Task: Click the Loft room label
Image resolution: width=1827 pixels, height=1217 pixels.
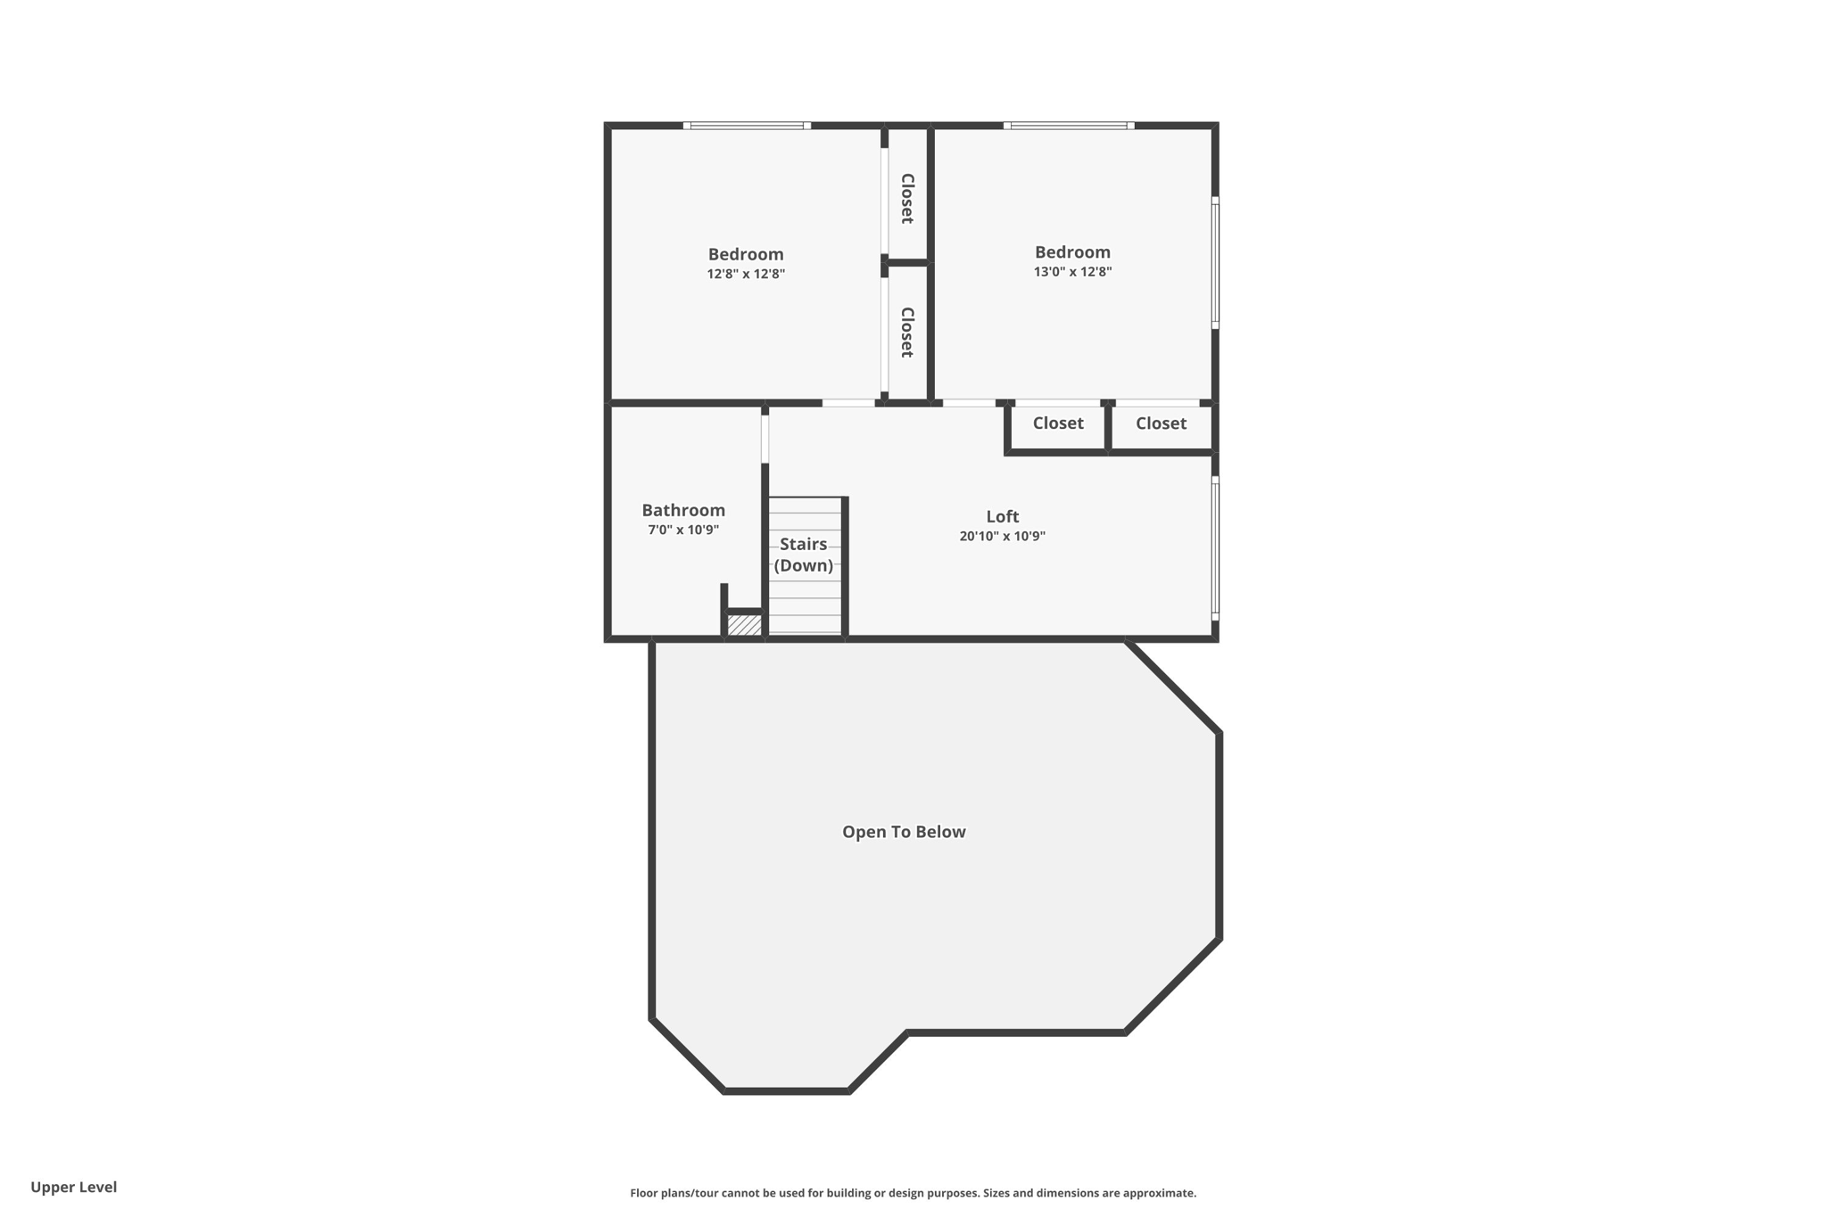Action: pos(1002,516)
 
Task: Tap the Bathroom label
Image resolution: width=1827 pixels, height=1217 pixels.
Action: pos(683,510)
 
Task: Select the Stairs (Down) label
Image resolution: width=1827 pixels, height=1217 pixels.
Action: pos(804,555)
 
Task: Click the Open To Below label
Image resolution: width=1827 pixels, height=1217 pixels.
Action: pos(904,832)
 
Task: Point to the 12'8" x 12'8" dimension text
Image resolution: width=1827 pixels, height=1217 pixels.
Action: pos(746,274)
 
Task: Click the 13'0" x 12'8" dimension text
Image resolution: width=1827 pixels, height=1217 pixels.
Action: pos(1072,272)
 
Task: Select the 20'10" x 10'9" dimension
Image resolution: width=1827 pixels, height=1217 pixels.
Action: pos(1002,536)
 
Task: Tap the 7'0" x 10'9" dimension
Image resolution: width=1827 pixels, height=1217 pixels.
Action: pos(683,530)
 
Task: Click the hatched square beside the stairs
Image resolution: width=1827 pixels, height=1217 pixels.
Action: pos(744,625)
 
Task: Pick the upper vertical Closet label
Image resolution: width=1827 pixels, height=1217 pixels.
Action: pos(907,198)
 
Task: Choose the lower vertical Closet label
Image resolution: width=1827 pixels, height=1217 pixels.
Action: pos(907,333)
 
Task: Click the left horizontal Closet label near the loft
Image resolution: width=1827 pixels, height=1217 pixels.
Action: pos(1058,423)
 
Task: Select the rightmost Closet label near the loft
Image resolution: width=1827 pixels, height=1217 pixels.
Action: pos(1161,423)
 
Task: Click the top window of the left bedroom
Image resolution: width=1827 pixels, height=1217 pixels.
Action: pos(747,126)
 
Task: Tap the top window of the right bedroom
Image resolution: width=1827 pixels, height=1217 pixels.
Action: pos(1069,126)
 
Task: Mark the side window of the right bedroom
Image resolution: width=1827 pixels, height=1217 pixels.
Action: pos(1215,263)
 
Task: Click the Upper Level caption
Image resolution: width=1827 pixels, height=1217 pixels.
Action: pos(74,1187)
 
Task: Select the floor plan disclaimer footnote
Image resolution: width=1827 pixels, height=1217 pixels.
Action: pos(913,1193)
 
